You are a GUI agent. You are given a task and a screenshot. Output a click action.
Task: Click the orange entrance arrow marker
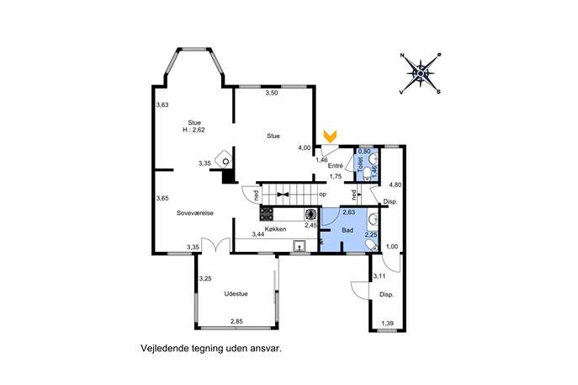pyautogui.click(x=331, y=136)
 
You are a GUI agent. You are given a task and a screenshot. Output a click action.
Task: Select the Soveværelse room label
pyautogui.click(x=195, y=213)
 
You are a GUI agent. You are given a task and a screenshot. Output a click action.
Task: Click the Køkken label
pyautogui.click(x=275, y=229)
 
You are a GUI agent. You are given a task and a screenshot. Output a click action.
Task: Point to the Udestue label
pyautogui.click(x=236, y=294)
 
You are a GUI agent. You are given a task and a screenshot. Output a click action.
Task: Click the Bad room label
pyautogui.click(x=347, y=230)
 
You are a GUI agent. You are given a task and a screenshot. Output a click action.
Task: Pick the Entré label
pyautogui.click(x=336, y=166)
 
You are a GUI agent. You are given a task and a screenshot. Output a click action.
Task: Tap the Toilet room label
pyautogui.click(x=360, y=163)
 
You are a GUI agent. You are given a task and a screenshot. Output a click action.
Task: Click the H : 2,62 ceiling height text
pyautogui.click(x=194, y=130)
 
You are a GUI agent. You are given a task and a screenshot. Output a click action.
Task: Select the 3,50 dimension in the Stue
pyautogui.click(x=272, y=93)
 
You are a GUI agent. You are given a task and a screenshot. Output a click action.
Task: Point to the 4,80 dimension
pyautogui.click(x=395, y=185)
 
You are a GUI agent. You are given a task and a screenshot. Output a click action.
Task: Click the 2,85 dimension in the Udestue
pyautogui.click(x=236, y=322)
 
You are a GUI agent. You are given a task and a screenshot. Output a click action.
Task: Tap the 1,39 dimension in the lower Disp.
pyautogui.click(x=387, y=324)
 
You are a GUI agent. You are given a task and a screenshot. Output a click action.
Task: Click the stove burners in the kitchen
pyautogui.click(x=267, y=214)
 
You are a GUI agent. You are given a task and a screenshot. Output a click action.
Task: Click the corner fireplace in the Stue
pyautogui.click(x=224, y=159)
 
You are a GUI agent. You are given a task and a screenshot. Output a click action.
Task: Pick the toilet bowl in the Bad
pyautogui.click(x=371, y=245)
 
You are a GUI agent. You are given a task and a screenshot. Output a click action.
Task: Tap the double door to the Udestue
pyautogui.click(x=216, y=245)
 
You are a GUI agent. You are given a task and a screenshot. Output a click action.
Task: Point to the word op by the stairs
pyautogui.click(x=322, y=195)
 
